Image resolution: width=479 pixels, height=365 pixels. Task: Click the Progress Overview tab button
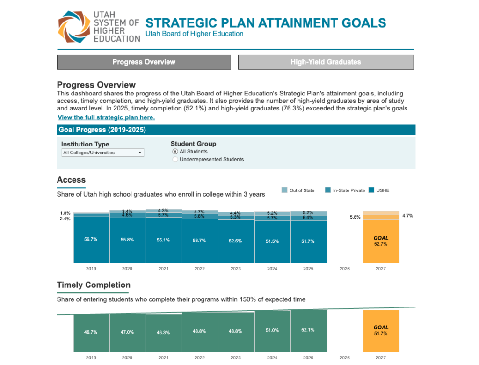point(144,62)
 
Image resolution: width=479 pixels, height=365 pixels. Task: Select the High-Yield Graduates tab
point(326,62)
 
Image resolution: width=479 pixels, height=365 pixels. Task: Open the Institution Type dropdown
point(103,153)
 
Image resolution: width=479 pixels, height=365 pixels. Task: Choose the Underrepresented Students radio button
point(175,160)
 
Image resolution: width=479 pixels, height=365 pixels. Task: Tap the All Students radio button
point(175,152)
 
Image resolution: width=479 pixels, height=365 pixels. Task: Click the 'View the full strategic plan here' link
point(106,117)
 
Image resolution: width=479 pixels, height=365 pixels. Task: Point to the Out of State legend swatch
point(284,190)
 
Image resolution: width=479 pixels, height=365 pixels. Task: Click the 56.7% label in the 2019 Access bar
point(91,239)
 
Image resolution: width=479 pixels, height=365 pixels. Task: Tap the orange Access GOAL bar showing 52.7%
point(381,241)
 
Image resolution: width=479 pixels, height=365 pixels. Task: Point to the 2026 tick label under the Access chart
point(344,269)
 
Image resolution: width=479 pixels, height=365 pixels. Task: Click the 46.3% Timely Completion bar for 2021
point(163,332)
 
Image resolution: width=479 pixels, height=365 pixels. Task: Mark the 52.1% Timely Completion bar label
point(308,330)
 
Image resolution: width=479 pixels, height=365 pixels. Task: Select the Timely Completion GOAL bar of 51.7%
point(381,330)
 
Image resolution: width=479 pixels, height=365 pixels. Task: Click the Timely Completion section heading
point(94,285)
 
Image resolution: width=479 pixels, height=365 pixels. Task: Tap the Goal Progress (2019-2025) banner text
point(102,130)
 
